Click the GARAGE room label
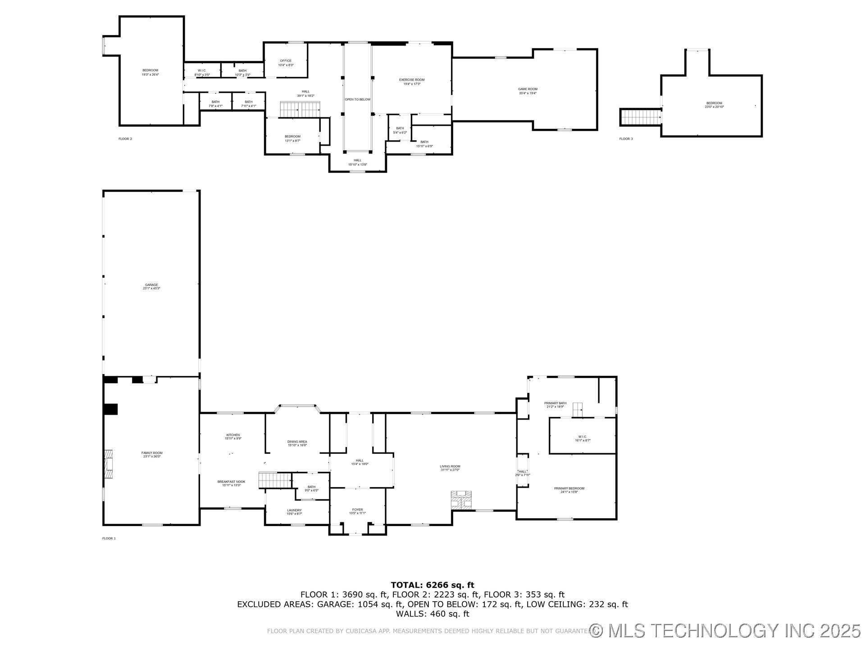click(x=151, y=286)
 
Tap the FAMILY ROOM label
click(x=152, y=454)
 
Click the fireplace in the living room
click(x=461, y=500)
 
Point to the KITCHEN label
click(x=233, y=436)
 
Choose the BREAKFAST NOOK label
click(x=231, y=483)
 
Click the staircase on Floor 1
click(x=275, y=480)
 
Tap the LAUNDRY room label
click(x=294, y=512)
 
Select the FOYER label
click(x=357, y=511)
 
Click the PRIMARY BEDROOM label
click(x=569, y=490)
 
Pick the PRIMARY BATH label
click(x=555, y=405)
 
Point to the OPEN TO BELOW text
click(x=358, y=99)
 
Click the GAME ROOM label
click(x=527, y=91)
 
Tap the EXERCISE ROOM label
click(x=412, y=82)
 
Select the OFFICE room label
click(x=286, y=63)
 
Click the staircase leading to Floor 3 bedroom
click(x=640, y=117)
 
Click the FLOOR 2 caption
click(x=125, y=139)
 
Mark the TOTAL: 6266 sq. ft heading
click(x=432, y=585)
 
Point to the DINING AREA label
click(x=297, y=443)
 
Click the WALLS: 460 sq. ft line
click(x=432, y=614)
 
